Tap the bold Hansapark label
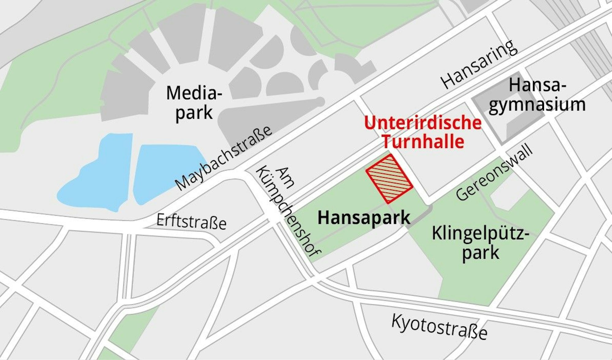[x=364, y=218]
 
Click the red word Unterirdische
[x=423, y=123]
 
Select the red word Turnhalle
[x=423, y=142]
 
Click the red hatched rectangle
[x=389, y=179]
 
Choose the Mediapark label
[x=193, y=103]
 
